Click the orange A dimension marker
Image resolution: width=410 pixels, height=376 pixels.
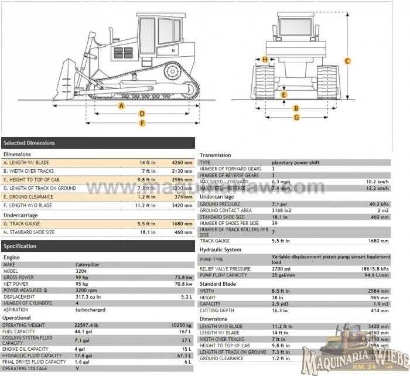pyautogui.click(x=121, y=105)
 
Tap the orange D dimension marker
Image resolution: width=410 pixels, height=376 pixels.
pyautogui.click(x=142, y=114)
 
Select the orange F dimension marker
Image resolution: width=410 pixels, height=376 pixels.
pyautogui.click(x=142, y=122)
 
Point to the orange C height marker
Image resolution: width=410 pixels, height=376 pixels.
pyautogui.click(x=347, y=61)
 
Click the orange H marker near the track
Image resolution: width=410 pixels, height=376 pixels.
pyautogui.click(x=265, y=59)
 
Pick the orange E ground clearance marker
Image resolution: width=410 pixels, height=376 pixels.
pyautogui.click(x=284, y=94)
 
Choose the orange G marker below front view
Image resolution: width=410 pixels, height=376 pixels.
pyautogui.click(x=296, y=117)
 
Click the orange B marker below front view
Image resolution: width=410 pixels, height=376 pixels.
pyautogui.click(x=296, y=108)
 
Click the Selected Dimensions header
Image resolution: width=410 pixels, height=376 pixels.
pyautogui.click(x=29, y=143)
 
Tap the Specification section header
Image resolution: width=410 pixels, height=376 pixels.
pyautogui.click(x=20, y=246)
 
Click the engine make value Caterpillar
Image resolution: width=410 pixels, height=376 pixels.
pyautogui.click(x=87, y=265)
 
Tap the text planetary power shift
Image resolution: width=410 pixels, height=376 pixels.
pyautogui.click(x=295, y=162)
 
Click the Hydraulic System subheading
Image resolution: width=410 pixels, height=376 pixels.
pyautogui.click(x=220, y=249)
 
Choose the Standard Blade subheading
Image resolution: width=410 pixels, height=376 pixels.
pyautogui.click(x=218, y=283)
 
